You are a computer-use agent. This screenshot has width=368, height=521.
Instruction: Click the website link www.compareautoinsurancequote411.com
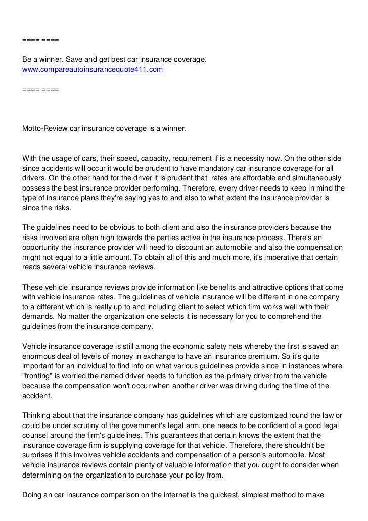[x=93, y=69]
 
